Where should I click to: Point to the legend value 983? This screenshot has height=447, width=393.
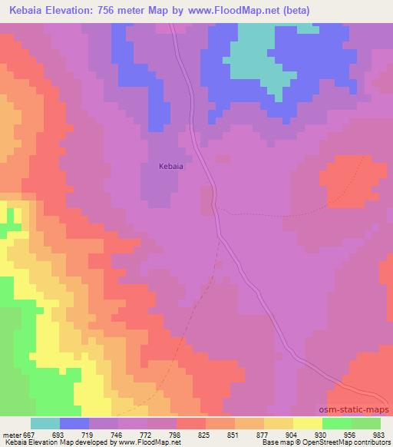(x=379, y=434)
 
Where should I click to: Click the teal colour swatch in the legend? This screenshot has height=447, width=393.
(x=45, y=423)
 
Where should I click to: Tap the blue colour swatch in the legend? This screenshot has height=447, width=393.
(x=74, y=423)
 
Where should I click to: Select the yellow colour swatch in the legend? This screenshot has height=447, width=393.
(x=307, y=423)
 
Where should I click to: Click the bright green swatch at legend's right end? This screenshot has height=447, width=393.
(x=365, y=423)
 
